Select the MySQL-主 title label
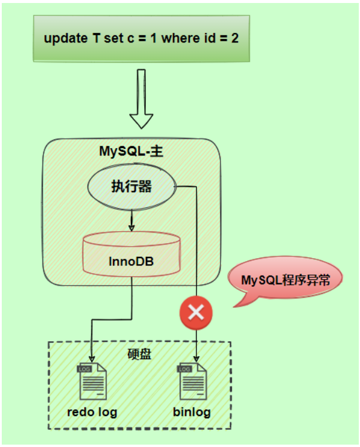[x=131, y=151]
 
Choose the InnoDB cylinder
[x=132, y=258]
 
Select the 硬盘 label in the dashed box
[x=139, y=354]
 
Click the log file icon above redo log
[x=92, y=381]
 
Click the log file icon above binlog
[x=192, y=381]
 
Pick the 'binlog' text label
[x=192, y=412]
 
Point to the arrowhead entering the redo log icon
[x=92, y=360]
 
